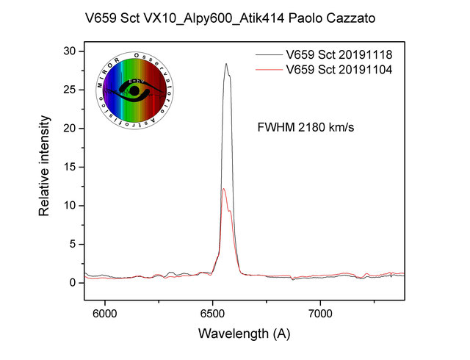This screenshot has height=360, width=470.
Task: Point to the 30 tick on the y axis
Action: tap(68, 51)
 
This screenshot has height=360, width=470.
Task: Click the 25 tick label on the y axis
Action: tap(68, 90)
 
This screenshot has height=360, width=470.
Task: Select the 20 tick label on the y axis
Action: tap(68, 129)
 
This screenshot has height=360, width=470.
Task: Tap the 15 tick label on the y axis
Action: tap(68, 167)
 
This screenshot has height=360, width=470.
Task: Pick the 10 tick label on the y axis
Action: tap(68, 205)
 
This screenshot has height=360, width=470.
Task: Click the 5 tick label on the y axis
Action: tap(71, 244)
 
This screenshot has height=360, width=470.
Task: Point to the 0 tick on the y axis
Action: tap(71, 282)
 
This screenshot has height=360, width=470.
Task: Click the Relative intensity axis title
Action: tap(45, 168)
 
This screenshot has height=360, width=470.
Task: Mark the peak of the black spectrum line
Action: tap(226, 64)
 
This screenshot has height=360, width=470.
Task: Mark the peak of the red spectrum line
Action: tap(223, 189)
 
